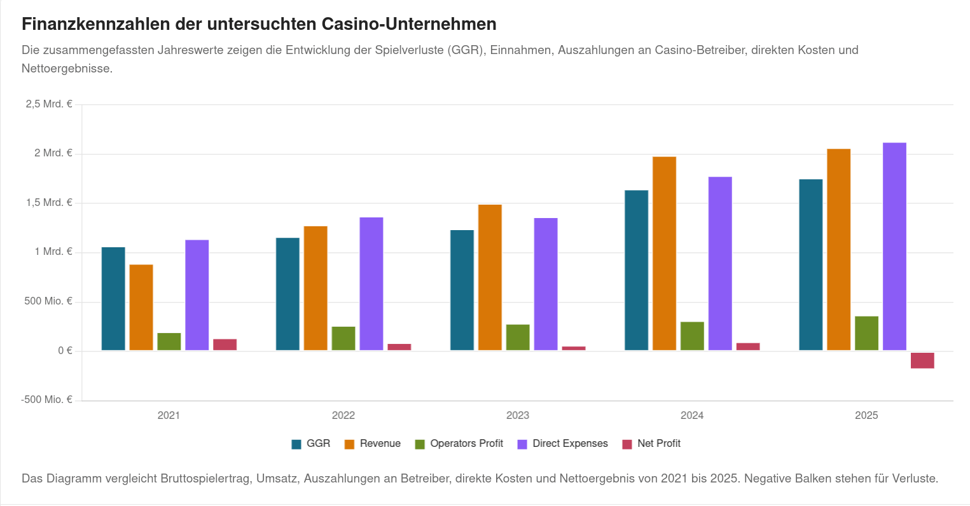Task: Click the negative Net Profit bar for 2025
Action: pyautogui.click(x=922, y=360)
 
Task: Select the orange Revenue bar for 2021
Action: pyautogui.click(x=141, y=307)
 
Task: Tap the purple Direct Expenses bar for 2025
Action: pyautogui.click(x=895, y=246)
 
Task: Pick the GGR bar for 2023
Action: pyautogui.click(x=462, y=290)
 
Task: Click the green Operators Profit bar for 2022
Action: pyautogui.click(x=343, y=338)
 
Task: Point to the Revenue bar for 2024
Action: pyautogui.click(x=664, y=253)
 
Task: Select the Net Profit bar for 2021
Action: pyautogui.click(x=225, y=345)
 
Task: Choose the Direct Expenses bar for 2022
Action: pyautogui.click(x=371, y=284)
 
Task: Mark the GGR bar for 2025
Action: pyautogui.click(x=810, y=265)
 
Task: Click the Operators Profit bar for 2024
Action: pyautogui.click(x=693, y=336)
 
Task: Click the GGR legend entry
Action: pyautogui.click(x=311, y=444)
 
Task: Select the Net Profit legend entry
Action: pyautogui.click(x=651, y=444)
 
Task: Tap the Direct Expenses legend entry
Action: pyautogui.click(x=562, y=444)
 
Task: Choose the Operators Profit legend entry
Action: pyautogui.click(x=459, y=444)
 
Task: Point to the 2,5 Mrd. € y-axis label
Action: pyautogui.click(x=49, y=104)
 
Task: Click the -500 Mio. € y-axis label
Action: pyautogui.click(x=47, y=399)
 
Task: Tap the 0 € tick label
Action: pyautogui.click(x=66, y=351)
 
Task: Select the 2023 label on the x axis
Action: pyautogui.click(x=518, y=416)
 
